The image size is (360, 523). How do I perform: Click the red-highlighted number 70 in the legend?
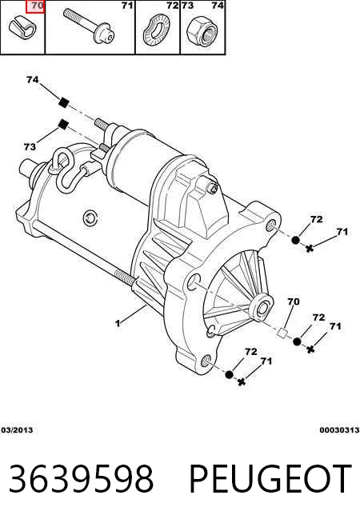(38, 6)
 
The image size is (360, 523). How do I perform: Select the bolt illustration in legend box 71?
(89, 26)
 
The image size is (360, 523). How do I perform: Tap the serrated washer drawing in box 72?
(156, 30)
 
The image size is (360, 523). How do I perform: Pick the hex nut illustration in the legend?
(202, 30)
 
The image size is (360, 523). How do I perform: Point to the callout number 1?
(118, 323)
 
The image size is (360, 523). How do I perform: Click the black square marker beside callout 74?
(63, 102)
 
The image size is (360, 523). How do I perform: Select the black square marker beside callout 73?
(62, 125)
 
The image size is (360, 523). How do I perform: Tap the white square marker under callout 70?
(282, 333)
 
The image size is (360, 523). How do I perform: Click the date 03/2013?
(17, 430)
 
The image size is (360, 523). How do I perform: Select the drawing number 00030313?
(339, 430)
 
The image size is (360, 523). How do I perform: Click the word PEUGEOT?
(270, 479)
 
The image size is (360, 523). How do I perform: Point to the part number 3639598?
(81, 479)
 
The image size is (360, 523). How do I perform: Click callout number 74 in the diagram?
(32, 80)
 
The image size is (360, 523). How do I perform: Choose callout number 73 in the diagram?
(30, 146)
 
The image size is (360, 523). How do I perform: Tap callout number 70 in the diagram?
(294, 301)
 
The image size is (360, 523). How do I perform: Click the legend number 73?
(188, 6)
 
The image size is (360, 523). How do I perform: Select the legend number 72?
(173, 6)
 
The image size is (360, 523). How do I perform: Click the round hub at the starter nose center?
(262, 308)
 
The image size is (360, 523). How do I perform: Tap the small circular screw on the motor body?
(90, 218)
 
